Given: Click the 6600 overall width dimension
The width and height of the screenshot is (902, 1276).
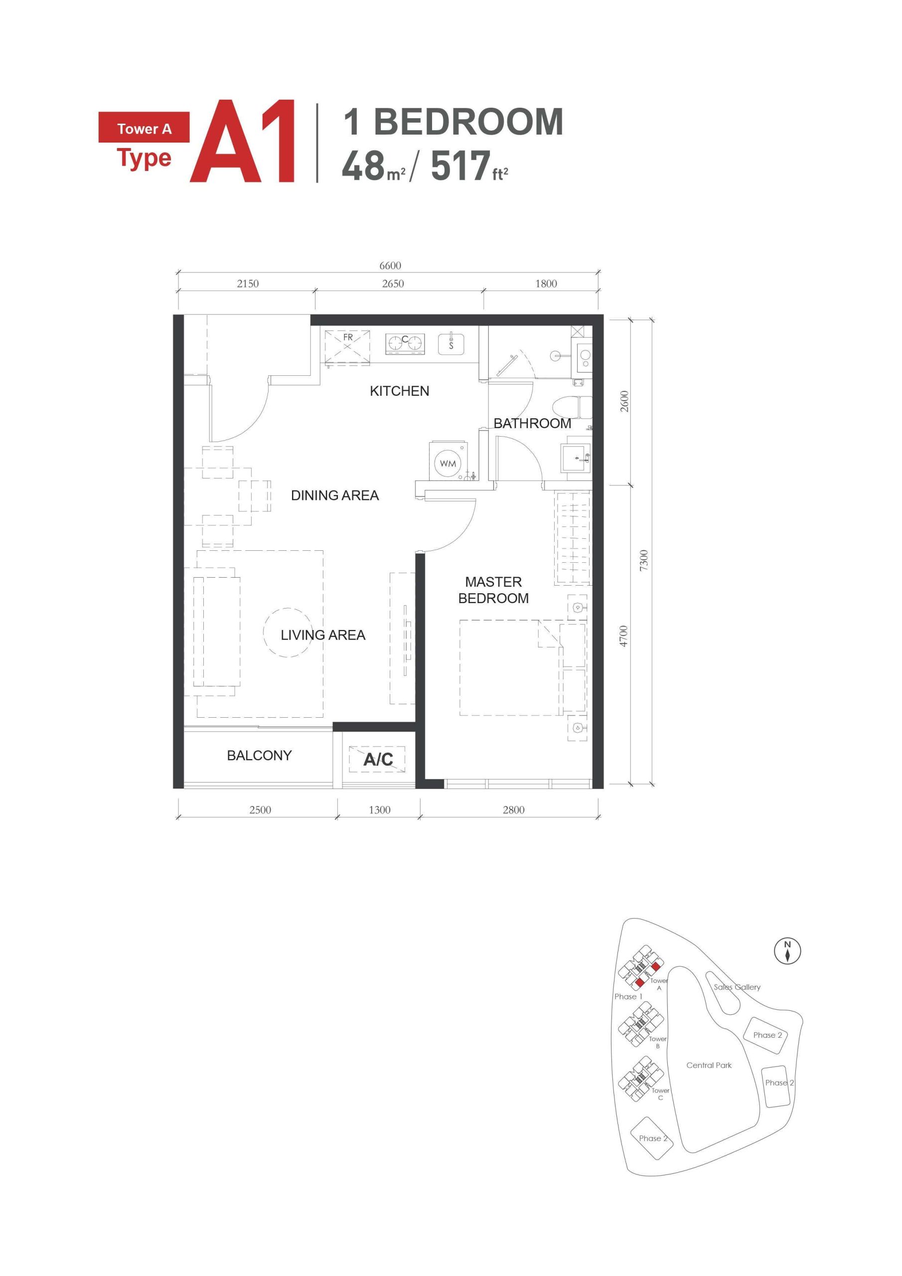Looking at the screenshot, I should pos(390,266).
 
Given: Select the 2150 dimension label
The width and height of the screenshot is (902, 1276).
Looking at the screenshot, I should pos(247,284).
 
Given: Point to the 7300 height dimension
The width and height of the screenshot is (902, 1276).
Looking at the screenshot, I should pos(643,560).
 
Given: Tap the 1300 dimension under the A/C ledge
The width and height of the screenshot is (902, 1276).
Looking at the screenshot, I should pos(380,810).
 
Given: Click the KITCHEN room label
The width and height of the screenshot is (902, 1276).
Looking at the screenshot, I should pos(399,391).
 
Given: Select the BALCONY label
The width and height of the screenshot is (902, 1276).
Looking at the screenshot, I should pos(259,755).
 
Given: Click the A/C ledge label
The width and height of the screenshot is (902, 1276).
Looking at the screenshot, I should pos(378,759).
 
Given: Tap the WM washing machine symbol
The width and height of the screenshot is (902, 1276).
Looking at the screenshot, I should pos(448,463).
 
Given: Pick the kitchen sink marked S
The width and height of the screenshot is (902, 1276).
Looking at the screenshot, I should pos(451,344).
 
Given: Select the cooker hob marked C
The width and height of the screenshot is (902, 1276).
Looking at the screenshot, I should pos(405,343).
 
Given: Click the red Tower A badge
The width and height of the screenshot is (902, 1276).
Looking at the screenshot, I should pos(144,129).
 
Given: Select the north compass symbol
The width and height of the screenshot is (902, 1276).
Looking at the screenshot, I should pos(787,951).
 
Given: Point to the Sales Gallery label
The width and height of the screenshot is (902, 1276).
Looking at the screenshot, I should pos(737,987).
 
